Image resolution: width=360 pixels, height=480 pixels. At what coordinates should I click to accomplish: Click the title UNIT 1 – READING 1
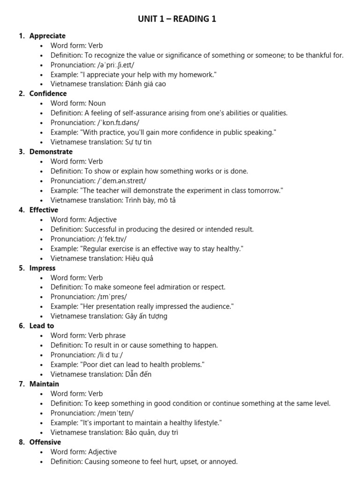click(177, 19)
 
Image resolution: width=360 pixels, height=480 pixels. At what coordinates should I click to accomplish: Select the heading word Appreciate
click(47, 36)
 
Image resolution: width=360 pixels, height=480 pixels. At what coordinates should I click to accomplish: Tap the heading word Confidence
click(48, 94)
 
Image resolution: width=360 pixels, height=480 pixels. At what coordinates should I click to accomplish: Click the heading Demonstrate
click(51, 152)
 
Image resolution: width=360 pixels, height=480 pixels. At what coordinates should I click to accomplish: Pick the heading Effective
click(44, 210)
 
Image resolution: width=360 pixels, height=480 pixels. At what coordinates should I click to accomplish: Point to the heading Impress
click(42, 268)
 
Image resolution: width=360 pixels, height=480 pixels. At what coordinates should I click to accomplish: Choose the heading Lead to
click(41, 326)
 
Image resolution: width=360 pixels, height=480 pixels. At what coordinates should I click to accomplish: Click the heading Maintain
click(44, 384)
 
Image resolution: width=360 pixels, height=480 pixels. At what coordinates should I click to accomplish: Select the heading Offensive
click(45, 442)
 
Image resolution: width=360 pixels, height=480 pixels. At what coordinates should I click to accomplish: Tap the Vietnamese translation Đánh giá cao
click(145, 84)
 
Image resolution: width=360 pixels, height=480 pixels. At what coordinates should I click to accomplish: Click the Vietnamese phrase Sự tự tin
click(138, 142)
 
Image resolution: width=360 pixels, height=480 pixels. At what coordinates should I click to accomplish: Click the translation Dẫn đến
click(138, 375)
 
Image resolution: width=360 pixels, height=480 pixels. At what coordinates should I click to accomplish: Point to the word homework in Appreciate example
click(196, 75)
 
